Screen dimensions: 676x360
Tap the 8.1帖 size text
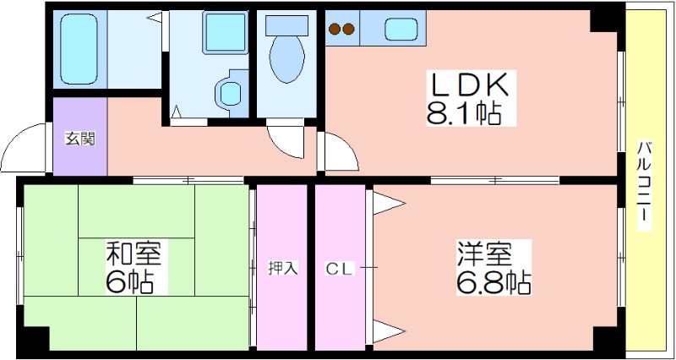pyautogui.click(x=464, y=112)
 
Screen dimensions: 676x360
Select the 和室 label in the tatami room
pyautogui.click(x=134, y=254)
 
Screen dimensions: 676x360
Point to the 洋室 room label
pyautogui.click(x=485, y=254)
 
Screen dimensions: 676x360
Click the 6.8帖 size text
pyautogui.click(x=493, y=282)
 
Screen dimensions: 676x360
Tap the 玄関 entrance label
pyautogui.click(x=79, y=139)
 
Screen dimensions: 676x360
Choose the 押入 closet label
pyautogui.click(x=282, y=269)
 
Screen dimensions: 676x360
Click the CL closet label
pyautogui.click(x=340, y=270)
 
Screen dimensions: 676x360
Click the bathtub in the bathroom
pyautogui.click(x=79, y=48)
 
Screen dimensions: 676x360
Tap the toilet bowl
pyautogui.click(x=286, y=58)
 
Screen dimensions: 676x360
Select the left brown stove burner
pyautogui.click(x=335, y=30)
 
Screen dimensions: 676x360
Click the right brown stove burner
pyautogui.click(x=348, y=30)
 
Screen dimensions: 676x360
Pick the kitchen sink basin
pyautogui.click(x=401, y=30)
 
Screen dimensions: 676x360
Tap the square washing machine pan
pyautogui.click(x=225, y=32)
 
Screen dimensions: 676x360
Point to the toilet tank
pyautogui.click(x=286, y=25)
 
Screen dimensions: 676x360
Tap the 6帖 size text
pyautogui.click(x=129, y=282)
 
